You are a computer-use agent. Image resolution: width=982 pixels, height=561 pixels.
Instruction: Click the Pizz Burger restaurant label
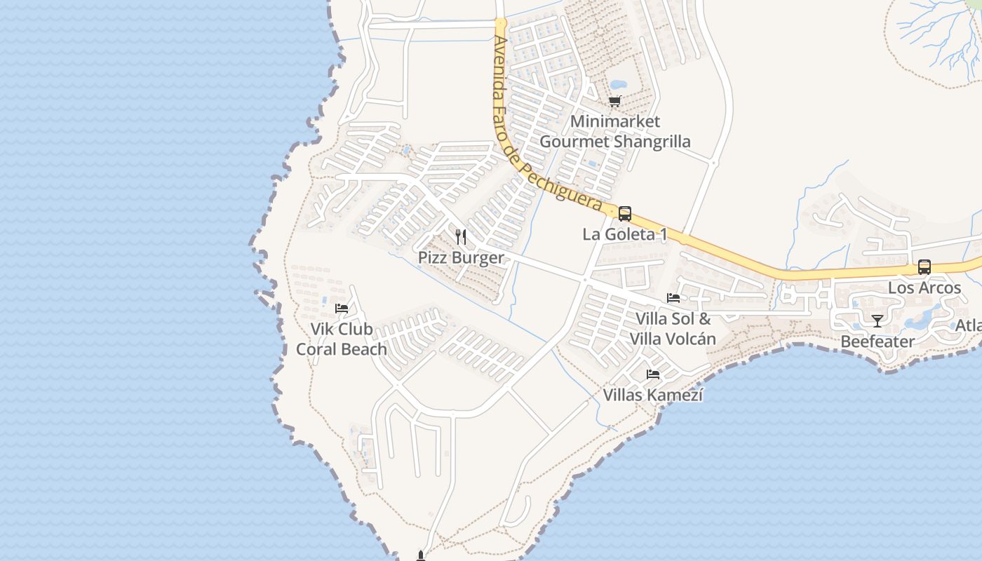point(461,257)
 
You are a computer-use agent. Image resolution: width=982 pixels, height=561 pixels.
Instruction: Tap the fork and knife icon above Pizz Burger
point(461,236)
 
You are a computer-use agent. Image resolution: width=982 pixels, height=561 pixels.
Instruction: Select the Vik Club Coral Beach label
point(342,339)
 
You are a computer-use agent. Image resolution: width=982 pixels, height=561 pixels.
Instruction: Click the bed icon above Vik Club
point(342,308)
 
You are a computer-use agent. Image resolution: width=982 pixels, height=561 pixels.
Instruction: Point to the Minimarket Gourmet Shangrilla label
point(615,131)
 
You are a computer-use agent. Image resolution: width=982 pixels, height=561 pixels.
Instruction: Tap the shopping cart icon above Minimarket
point(615,101)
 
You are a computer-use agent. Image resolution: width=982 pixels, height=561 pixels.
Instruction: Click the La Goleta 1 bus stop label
point(625,234)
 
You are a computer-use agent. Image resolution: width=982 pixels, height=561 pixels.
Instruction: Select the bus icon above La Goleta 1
point(625,213)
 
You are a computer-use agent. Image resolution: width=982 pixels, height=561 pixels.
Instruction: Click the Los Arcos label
point(924,288)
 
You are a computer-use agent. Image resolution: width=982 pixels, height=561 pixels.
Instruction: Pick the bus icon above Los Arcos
point(924,267)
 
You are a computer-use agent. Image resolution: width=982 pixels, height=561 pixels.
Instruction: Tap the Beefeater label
point(877,342)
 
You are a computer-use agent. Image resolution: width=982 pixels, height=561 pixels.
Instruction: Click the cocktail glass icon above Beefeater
point(877,321)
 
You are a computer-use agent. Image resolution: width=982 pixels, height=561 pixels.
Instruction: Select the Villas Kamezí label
point(653,395)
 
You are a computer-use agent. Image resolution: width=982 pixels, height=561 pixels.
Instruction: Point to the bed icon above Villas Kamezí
point(653,374)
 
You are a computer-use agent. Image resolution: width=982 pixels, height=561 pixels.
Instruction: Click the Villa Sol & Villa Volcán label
point(673,329)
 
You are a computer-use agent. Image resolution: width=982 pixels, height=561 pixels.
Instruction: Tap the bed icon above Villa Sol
point(673,298)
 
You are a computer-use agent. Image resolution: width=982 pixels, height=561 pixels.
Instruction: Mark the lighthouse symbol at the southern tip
point(421,556)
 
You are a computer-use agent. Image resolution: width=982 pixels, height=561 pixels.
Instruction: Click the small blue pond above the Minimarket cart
point(619,86)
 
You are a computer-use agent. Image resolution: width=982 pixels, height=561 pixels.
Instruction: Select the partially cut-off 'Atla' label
point(969,326)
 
